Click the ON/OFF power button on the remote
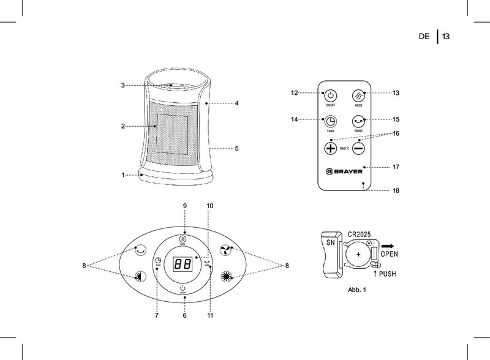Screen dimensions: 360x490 330,96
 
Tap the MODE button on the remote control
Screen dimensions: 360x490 359,96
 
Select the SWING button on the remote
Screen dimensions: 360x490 359,121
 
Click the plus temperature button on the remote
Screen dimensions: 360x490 331,149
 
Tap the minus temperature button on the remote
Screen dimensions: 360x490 358,149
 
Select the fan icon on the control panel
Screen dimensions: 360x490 225,249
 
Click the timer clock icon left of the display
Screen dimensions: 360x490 158,261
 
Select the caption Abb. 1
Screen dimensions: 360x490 356,290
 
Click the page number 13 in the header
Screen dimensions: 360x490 445,37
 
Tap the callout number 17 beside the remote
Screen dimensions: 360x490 396,167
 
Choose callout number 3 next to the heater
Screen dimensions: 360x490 123,85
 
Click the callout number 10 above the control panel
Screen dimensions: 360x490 210,204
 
